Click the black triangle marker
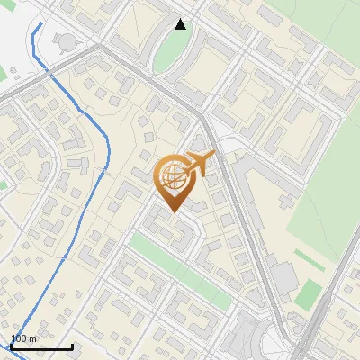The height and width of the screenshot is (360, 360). coord(181,24)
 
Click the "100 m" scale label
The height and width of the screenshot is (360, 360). coord(24,338)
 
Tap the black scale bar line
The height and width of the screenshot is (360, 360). coord(41,346)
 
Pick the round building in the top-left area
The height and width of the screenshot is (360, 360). coord(66,40)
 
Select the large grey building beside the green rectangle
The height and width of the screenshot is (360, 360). coord(283,279)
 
